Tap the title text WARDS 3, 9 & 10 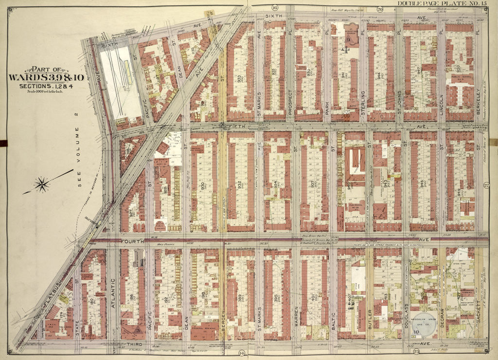click(x=49, y=78)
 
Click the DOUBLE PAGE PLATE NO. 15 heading click(x=442, y=4)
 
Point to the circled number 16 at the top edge click(x=274, y=8)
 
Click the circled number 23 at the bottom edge click(x=403, y=351)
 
